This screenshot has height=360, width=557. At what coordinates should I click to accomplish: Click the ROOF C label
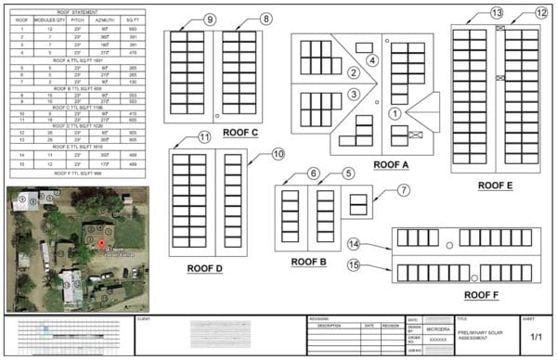(x=240, y=133)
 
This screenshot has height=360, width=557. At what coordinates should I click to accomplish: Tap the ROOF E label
(x=496, y=186)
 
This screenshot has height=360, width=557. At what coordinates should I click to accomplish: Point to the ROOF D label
(x=205, y=268)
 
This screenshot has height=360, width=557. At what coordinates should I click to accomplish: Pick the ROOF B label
(x=309, y=262)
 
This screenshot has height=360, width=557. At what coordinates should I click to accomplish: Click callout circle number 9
(x=211, y=19)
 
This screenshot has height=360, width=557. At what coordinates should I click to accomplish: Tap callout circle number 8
(x=266, y=19)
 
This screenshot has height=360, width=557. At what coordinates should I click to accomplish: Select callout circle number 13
(x=497, y=13)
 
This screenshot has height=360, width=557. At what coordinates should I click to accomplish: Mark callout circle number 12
(x=541, y=13)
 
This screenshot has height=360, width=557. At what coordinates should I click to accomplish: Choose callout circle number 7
(x=403, y=190)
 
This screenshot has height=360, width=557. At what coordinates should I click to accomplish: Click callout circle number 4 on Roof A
(x=372, y=60)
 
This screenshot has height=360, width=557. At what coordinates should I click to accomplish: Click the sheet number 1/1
(x=537, y=338)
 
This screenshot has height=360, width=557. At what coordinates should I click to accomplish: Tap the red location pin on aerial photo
(x=103, y=244)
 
